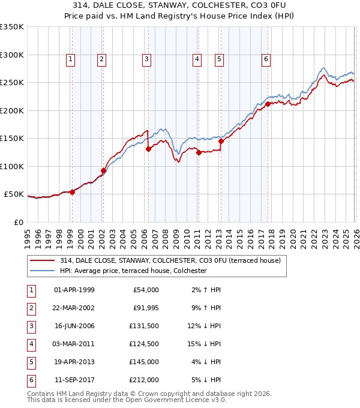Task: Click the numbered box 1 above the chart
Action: tap(71, 59)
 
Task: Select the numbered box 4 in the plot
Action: tap(197, 59)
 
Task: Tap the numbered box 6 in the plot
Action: tap(265, 59)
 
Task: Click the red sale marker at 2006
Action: tap(148, 149)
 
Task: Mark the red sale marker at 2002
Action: tap(103, 171)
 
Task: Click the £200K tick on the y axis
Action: tap(12, 110)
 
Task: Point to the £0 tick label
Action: tap(19, 222)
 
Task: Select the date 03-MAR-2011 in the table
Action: tap(74, 344)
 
